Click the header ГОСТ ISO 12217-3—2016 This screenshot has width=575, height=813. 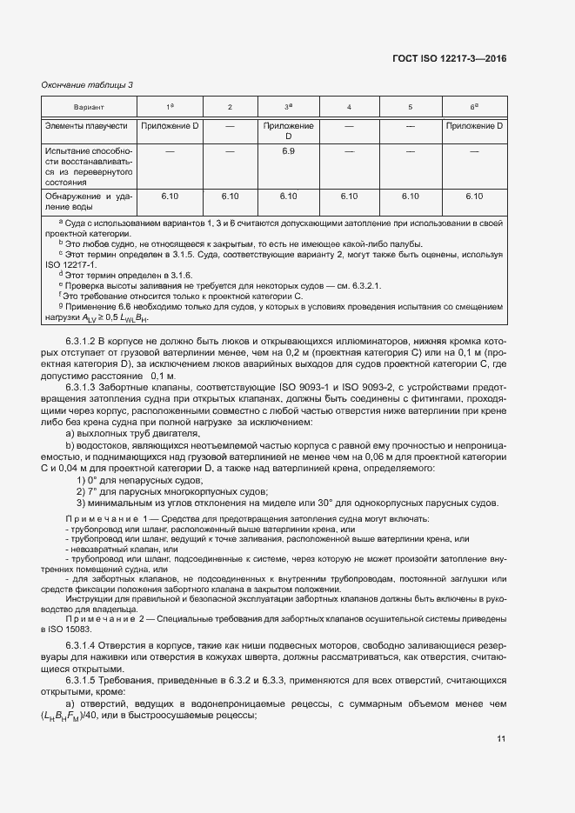[x=448, y=58]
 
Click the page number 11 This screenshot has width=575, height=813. [x=501, y=739]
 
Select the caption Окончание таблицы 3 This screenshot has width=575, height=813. [x=87, y=84]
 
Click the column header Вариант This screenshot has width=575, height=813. [x=88, y=107]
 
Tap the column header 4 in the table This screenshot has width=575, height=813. [x=349, y=107]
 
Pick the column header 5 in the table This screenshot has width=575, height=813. [x=410, y=107]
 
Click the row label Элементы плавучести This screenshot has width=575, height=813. [x=86, y=126]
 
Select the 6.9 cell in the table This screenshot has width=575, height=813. [x=289, y=151]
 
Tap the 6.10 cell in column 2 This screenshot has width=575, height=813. [x=230, y=197]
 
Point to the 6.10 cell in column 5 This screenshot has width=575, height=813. [x=410, y=197]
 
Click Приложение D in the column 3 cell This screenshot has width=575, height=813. [x=289, y=131]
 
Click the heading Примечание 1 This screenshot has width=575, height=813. [x=101, y=518]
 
